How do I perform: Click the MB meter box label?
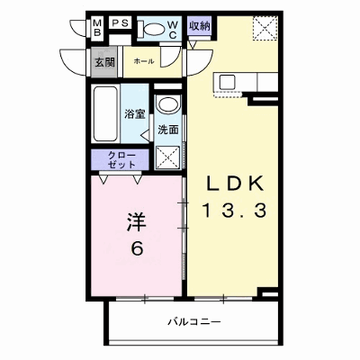[97, 28]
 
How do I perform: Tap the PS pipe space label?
[121, 22]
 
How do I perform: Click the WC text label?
[173, 30]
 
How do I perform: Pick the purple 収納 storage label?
[200, 26]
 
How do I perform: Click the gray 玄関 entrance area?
[104, 62]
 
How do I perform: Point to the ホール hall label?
[144, 61]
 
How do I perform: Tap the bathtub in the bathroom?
[105, 113]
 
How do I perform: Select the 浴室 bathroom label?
[135, 114]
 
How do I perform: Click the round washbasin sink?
[167, 104]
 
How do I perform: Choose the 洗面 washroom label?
[168, 130]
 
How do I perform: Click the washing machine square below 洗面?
[168, 157]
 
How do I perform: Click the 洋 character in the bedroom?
[137, 222]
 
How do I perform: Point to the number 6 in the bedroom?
[137, 248]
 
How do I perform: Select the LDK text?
[235, 184]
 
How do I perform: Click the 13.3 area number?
[235, 210]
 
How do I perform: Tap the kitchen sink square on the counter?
[228, 81]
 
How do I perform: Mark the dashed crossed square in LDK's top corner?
[265, 28]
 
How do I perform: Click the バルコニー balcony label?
[194, 322]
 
